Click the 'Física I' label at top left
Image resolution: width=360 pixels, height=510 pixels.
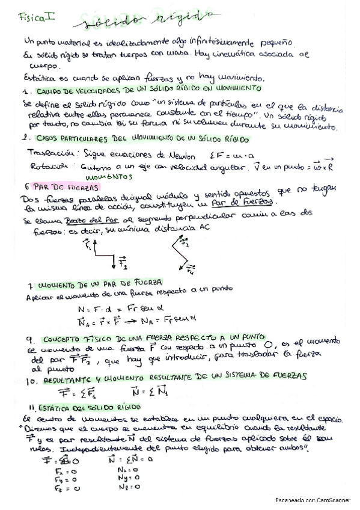(x=37, y=18)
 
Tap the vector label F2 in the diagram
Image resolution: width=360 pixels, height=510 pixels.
(x=122, y=262)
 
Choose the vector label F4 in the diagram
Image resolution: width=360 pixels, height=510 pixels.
(x=190, y=269)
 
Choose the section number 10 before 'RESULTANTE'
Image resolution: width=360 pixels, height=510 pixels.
(x=32, y=381)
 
